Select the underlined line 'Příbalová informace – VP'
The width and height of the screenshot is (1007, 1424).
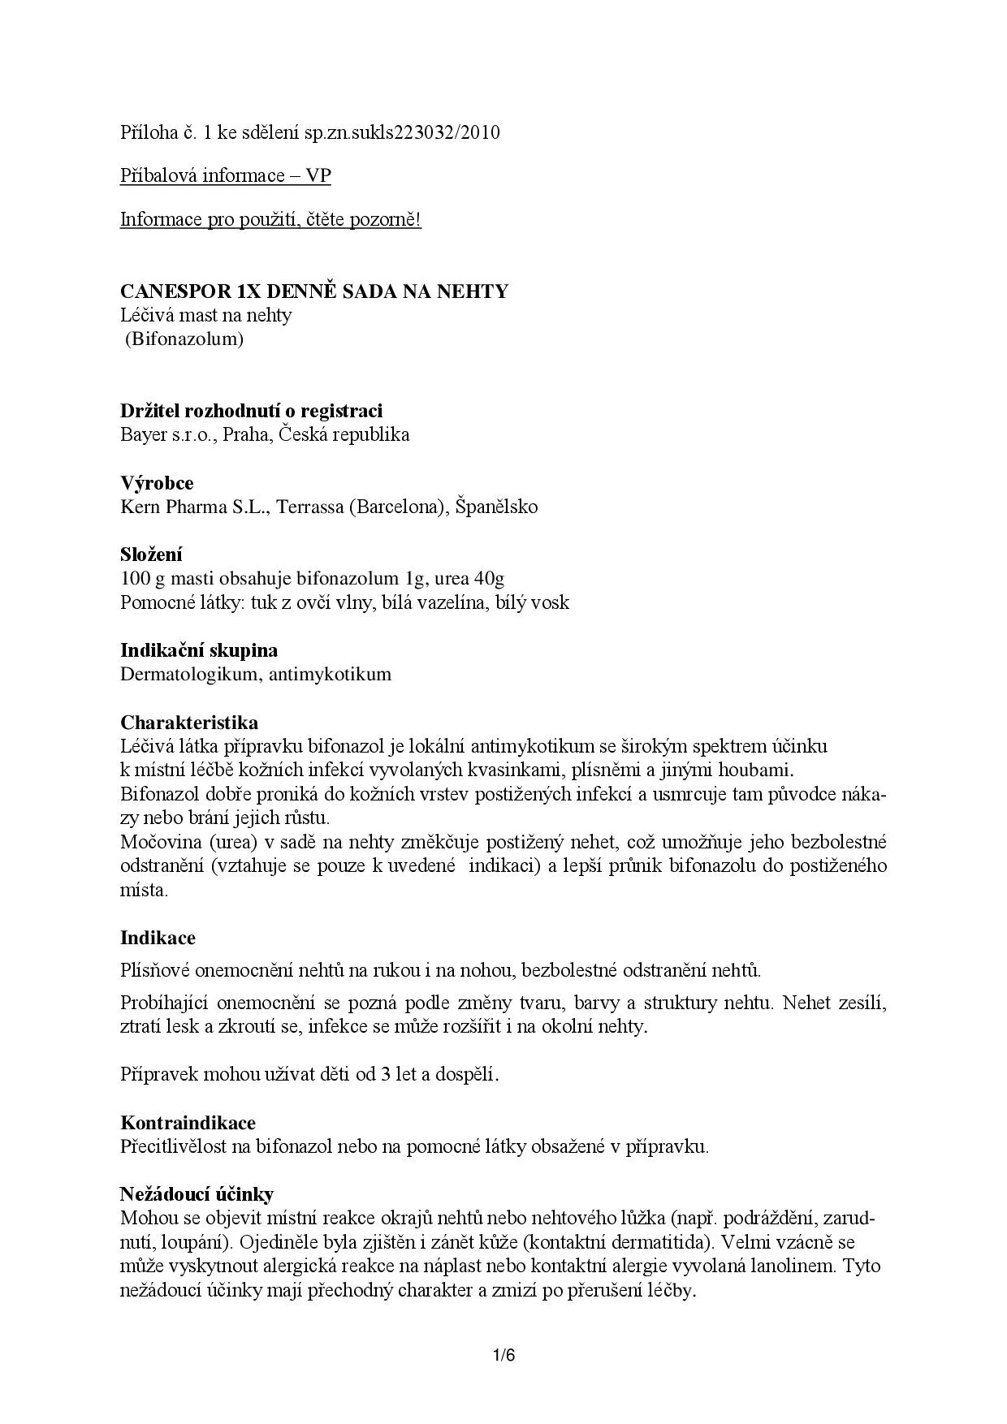(226, 176)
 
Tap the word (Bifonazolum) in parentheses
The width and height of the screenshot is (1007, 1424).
(184, 339)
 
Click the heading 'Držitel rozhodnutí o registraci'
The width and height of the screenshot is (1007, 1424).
(251, 411)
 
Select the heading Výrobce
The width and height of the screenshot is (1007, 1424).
(157, 483)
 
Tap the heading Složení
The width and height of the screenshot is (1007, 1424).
(151, 554)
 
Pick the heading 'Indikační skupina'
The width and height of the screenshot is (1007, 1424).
(199, 650)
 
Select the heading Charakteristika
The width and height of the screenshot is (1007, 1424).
(189, 723)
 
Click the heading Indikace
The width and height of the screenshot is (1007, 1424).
(158, 938)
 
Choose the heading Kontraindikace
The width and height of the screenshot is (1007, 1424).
(188, 1123)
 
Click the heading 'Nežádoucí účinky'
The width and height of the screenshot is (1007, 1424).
(197, 1194)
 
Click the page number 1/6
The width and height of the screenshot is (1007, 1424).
(503, 1355)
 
